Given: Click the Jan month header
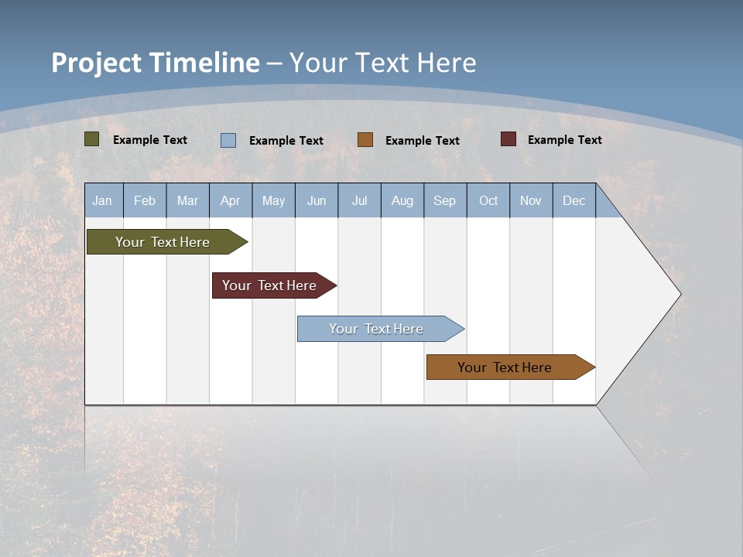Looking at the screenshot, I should (x=102, y=200).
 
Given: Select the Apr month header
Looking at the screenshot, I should (x=230, y=200).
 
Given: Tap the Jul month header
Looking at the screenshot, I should (x=359, y=200).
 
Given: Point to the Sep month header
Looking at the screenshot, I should (x=444, y=200).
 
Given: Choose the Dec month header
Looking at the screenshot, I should (x=574, y=200).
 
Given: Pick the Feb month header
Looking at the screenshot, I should (x=145, y=200).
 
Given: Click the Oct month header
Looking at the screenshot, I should (x=488, y=200).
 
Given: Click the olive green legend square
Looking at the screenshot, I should (x=92, y=139).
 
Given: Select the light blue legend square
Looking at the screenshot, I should (x=228, y=140).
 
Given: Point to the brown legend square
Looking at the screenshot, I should (x=365, y=140).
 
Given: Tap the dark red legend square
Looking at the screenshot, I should (x=508, y=139).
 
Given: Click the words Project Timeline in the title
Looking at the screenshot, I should (x=156, y=63).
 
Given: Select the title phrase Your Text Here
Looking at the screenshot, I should (x=383, y=63).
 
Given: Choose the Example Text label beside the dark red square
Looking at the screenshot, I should (x=564, y=140).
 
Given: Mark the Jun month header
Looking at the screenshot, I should (x=317, y=200).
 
